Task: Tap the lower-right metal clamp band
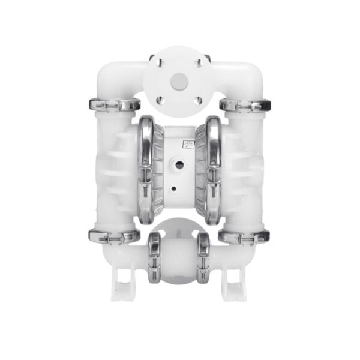point(242,236)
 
